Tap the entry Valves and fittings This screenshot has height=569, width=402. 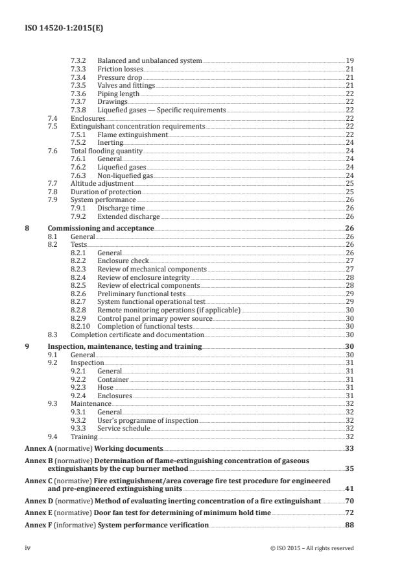(126, 85)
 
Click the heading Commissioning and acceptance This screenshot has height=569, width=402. (100, 229)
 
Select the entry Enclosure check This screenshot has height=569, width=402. (121, 260)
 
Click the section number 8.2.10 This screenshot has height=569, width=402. (80, 326)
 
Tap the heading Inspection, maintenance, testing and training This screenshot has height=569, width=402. (125, 347)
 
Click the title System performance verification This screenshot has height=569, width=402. (153, 524)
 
